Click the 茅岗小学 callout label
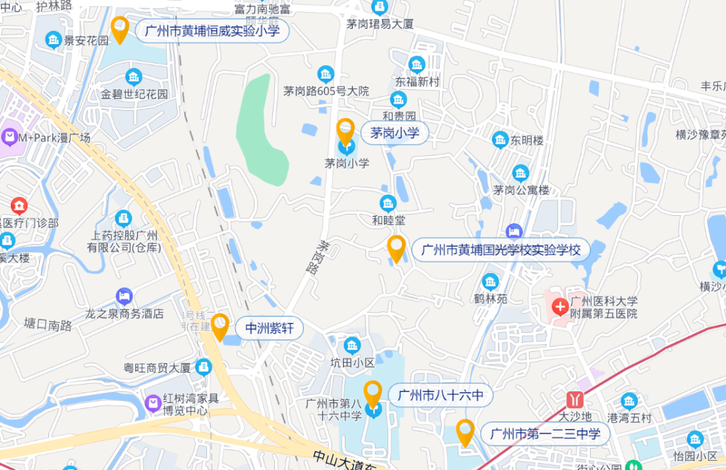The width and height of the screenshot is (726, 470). (x=395, y=133)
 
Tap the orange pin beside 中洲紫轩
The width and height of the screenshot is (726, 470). (x=220, y=326)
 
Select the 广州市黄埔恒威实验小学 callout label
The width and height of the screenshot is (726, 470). (x=212, y=30)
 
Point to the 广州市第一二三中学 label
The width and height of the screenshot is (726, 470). (x=544, y=434)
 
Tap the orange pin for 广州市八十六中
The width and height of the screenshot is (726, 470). (x=372, y=393)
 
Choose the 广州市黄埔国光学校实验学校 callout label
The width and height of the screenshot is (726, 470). (x=500, y=251)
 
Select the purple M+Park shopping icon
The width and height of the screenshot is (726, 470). (x=9, y=138)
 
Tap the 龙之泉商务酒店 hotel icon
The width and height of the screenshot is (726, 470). (x=124, y=297)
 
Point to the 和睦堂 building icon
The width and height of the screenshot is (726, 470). (x=388, y=203)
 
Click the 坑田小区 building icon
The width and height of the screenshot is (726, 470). (x=352, y=346)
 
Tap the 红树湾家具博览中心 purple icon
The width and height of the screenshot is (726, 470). (x=153, y=403)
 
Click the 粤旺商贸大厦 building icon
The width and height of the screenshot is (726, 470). (x=204, y=367)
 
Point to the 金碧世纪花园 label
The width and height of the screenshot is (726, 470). (x=134, y=94)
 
